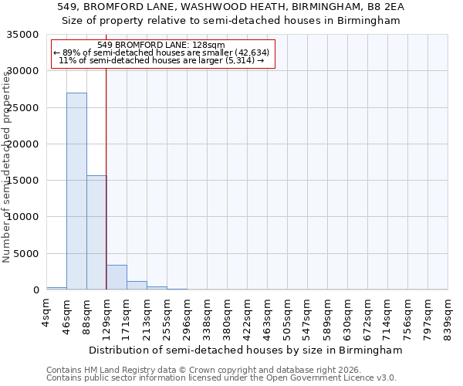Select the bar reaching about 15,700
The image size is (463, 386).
(96, 232)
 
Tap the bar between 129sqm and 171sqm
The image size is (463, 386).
(117, 277)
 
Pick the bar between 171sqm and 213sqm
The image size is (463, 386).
(137, 285)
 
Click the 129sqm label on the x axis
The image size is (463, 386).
(107, 313)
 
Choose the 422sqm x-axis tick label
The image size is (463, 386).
(248, 313)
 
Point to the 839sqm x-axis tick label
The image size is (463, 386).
(448, 313)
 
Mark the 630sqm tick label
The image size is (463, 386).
(348, 313)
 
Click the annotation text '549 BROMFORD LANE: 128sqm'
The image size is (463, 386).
(161, 45)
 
